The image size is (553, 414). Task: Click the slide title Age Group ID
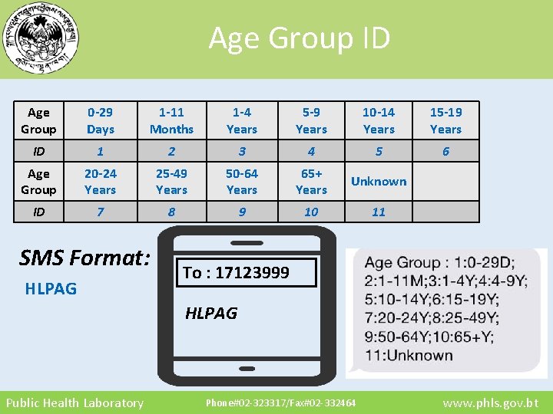tap(300, 37)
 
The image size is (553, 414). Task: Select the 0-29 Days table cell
tap(101, 120)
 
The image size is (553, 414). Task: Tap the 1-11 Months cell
tap(171, 120)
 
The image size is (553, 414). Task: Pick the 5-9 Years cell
tap(311, 120)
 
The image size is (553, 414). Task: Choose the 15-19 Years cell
tap(445, 120)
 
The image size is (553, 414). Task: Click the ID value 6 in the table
tap(445, 152)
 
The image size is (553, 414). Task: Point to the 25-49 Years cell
tap(171, 181)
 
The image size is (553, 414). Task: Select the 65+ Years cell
tap(311, 181)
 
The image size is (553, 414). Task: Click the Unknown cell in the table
tap(379, 181)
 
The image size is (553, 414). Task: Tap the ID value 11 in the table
tap(379, 212)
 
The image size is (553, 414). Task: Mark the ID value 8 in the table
tap(171, 212)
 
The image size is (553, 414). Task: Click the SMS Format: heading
tap(84, 258)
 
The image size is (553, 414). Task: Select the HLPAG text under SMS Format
tap(51, 289)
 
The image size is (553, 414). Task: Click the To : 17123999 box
tap(247, 273)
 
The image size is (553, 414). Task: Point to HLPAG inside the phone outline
tap(211, 313)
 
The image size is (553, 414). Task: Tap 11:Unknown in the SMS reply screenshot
tap(409, 355)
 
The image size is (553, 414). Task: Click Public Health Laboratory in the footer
tap(75, 402)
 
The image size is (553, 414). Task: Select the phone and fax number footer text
tap(280, 402)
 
